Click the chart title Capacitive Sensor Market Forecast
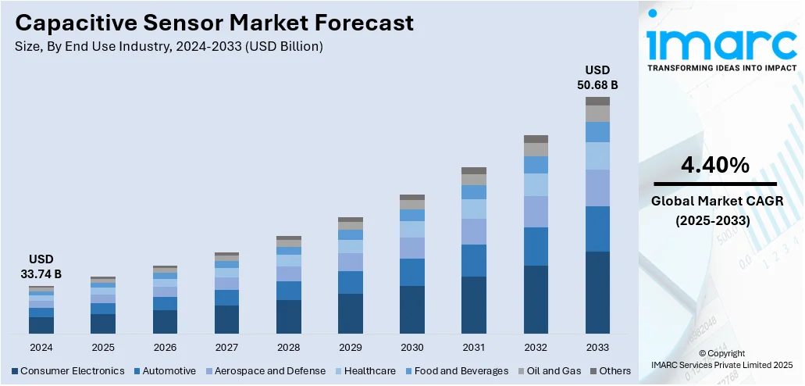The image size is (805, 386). point(214,23)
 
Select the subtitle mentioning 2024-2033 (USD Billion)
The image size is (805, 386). point(169,47)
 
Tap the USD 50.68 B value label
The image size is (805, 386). point(597,77)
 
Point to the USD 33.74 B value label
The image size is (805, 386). point(41,266)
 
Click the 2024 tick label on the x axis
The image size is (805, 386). point(41,347)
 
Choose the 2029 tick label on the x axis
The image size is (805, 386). point(350,347)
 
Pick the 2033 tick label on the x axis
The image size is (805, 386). point(597,347)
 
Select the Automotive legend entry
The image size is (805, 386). point(165,370)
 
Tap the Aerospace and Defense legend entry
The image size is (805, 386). point(265,370)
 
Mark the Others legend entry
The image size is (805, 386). point(611,370)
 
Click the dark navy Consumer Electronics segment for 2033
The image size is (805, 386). point(597,293)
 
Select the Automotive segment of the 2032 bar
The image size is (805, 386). point(536,246)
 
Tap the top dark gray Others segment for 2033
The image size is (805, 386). point(597,101)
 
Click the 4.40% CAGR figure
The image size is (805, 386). point(715,165)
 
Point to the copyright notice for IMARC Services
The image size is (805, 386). point(722,359)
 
